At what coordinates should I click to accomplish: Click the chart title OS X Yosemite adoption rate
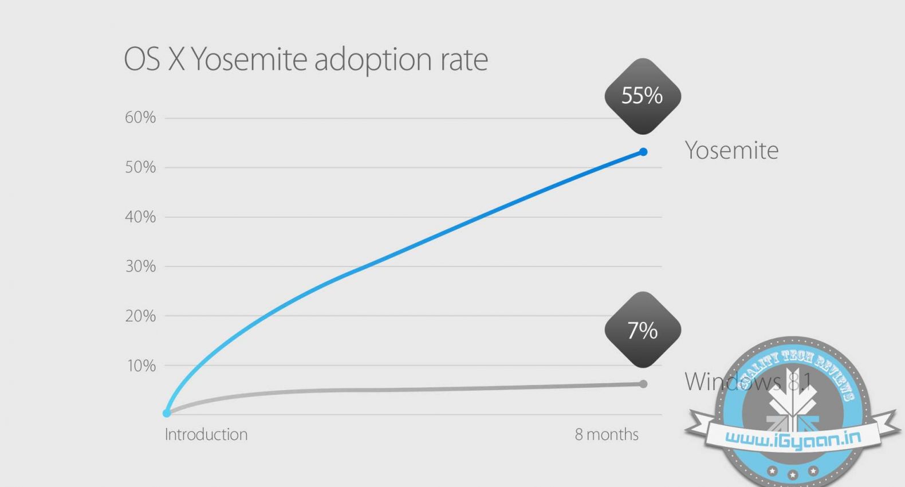[306, 60]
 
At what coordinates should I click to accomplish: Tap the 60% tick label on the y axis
[140, 117]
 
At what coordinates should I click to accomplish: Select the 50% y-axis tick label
[140, 167]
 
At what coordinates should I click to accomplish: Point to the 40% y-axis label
[140, 217]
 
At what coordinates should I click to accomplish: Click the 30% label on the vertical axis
[140, 266]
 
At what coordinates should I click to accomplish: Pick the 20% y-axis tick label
[140, 316]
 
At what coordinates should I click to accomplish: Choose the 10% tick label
[141, 366]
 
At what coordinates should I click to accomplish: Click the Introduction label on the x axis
[206, 434]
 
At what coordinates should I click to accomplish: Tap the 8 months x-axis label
[607, 434]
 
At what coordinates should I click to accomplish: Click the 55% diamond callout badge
[643, 96]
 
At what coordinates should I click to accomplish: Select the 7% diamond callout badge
[643, 330]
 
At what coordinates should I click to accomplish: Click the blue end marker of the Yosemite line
[643, 152]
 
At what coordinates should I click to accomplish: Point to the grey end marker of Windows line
[643, 384]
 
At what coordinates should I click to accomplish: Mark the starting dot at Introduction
[167, 413]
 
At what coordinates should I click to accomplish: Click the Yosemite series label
[731, 151]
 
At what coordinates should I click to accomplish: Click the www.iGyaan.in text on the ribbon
[793, 439]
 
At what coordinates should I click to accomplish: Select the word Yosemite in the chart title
[249, 60]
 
